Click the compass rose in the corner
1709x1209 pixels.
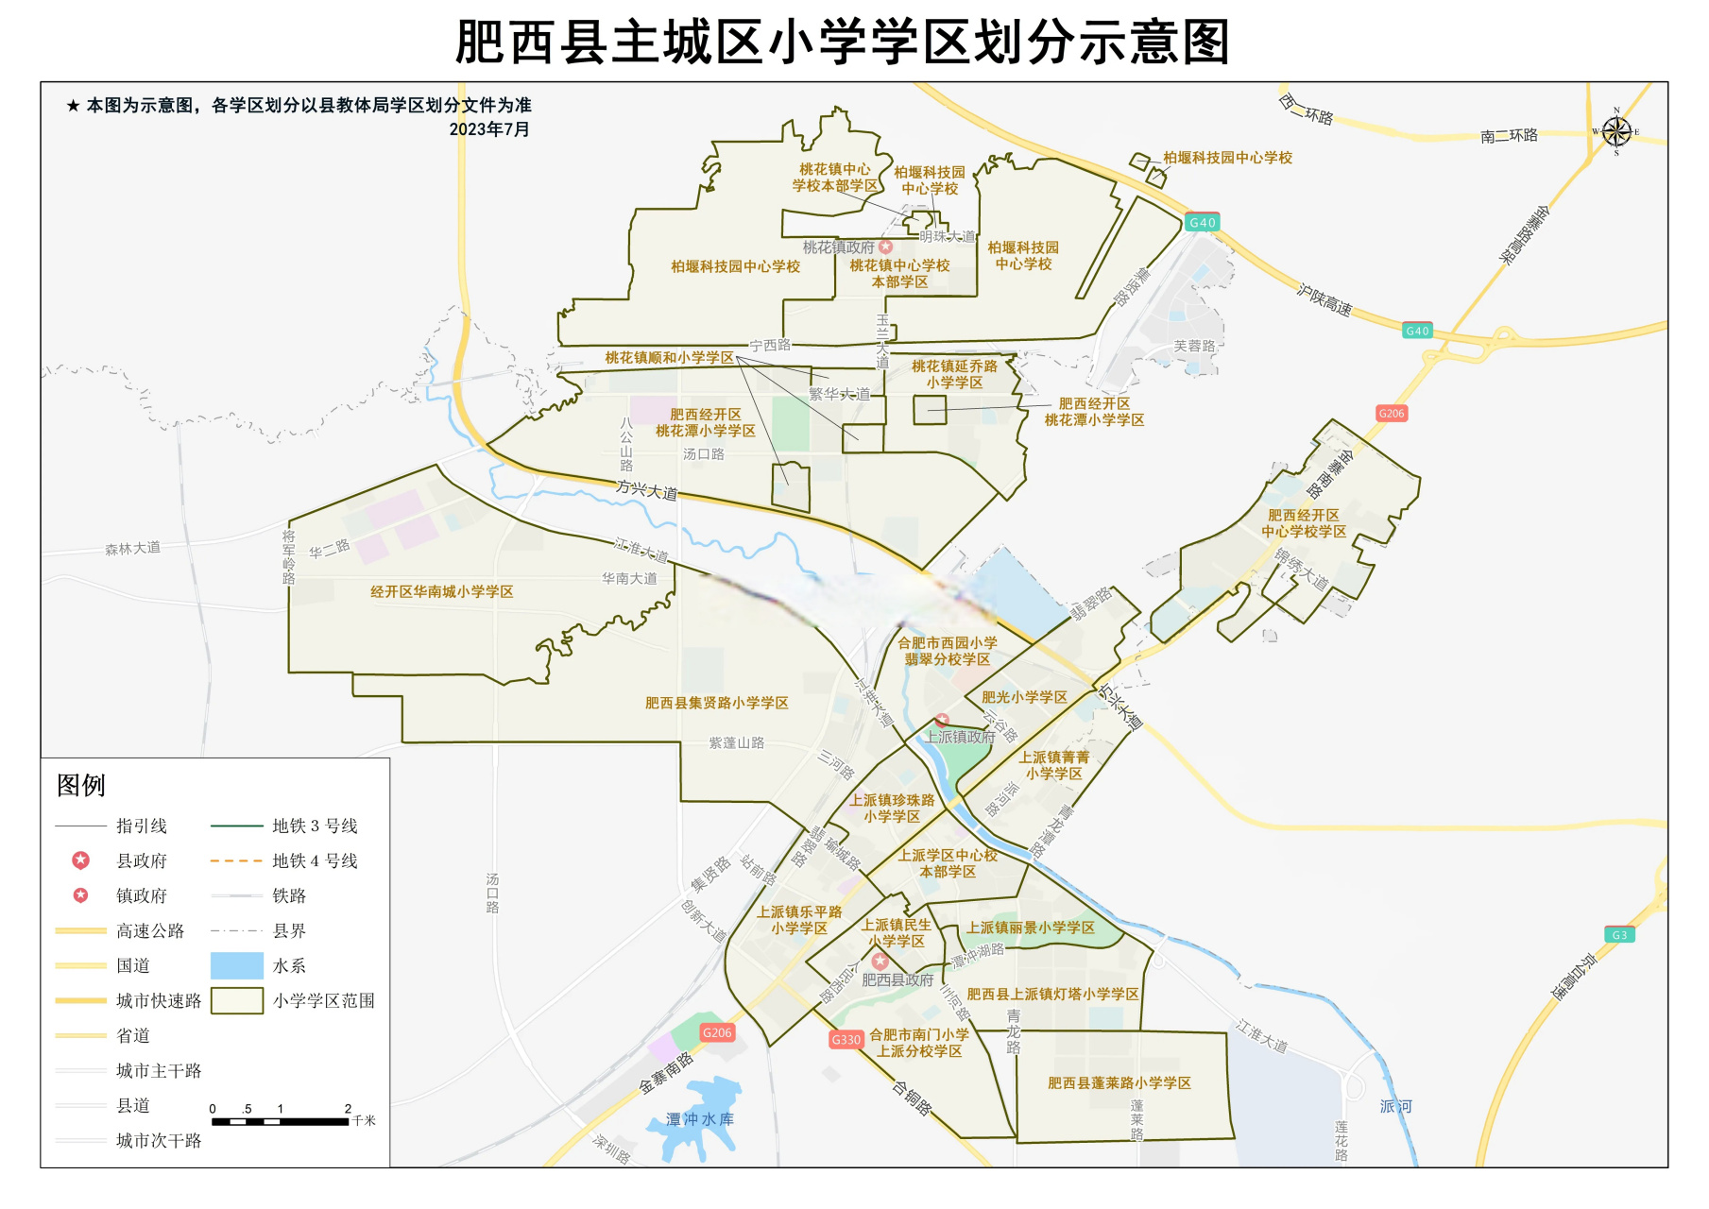click(x=1615, y=132)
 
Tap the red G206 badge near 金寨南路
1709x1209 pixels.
click(x=717, y=1032)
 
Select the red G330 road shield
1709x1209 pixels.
click(x=846, y=1039)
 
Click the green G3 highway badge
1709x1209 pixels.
click(x=1619, y=935)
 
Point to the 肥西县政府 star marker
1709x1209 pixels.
click(x=880, y=961)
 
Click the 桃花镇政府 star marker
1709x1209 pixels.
click(x=885, y=247)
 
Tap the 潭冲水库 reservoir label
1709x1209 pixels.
click(x=699, y=1119)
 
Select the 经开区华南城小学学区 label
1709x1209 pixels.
click(x=441, y=592)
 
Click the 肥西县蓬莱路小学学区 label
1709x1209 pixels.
click(x=1119, y=1083)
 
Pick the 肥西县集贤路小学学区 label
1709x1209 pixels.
click(x=716, y=703)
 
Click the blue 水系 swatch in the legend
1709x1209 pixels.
click(x=236, y=965)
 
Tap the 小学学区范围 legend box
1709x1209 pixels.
click(x=236, y=1000)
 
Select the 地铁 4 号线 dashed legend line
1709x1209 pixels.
click(x=236, y=860)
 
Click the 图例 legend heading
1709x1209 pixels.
click(x=81, y=785)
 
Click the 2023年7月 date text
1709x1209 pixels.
click(x=488, y=129)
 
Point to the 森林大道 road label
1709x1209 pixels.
click(x=132, y=548)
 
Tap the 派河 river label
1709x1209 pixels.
click(x=1395, y=1106)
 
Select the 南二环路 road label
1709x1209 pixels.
click(x=1509, y=136)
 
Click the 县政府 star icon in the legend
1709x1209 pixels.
click(x=81, y=860)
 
